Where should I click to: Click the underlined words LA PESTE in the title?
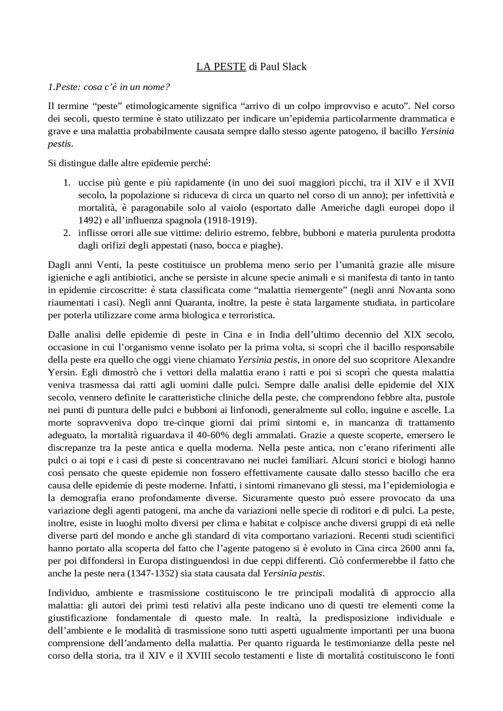click(221, 67)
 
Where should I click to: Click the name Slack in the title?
click(294, 67)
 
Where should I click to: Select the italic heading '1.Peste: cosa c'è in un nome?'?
click(109, 87)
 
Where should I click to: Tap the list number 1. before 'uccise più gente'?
click(67, 183)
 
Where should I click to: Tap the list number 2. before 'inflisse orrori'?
click(67, 233)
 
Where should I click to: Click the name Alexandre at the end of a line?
click(435, 360)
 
